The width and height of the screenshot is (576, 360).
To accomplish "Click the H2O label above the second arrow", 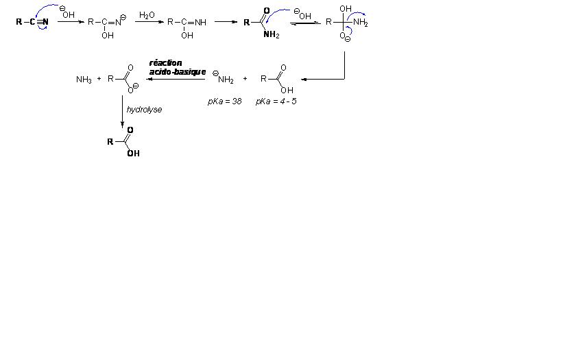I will tap(147, 15).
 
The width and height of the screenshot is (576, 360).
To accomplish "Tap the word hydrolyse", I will tap(144, 110).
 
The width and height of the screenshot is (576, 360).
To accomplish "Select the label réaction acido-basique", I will tap(177, 67).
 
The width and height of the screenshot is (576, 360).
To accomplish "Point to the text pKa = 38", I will tap(225, 101).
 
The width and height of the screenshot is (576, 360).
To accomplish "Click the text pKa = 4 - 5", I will tap(276, 101).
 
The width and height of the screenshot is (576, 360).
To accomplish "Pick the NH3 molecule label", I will tap(84, 80).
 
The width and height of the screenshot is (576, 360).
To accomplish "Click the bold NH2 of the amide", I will tap(271, 36).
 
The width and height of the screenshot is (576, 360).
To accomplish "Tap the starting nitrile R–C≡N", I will tap(32, 22).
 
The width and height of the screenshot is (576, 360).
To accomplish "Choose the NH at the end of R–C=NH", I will tap(200, 22).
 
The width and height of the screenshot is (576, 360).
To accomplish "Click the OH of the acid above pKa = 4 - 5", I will tap(287, 90).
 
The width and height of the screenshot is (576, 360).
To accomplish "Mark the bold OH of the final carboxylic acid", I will tap(133, 154).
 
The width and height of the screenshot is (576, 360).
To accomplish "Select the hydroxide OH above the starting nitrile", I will tap(68, 14).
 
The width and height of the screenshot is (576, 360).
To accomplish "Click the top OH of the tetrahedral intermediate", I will tap(345, 10).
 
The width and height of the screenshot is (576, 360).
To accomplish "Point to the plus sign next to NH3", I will tap(99, 79).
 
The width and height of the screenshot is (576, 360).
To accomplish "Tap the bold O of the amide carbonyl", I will tap(266, 10).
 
